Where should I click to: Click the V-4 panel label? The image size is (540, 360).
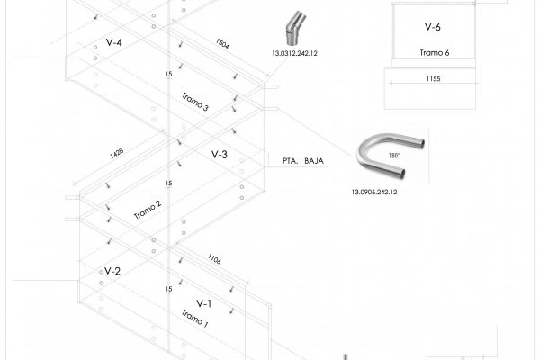[114, 43]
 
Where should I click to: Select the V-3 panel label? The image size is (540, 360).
[220, 156]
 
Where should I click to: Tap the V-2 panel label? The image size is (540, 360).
[112, 271]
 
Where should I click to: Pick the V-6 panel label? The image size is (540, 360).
[432, 28]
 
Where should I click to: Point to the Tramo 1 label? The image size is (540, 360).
[194, 318]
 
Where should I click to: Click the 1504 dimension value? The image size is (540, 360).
[224, 43]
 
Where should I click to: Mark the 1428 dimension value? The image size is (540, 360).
[116, 153]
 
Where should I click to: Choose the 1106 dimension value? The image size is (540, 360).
[214, 259]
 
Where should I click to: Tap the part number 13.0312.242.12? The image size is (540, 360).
[294, 53]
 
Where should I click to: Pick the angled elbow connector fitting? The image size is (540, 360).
[292, 30]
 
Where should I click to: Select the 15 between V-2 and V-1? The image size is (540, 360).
[168, 289]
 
